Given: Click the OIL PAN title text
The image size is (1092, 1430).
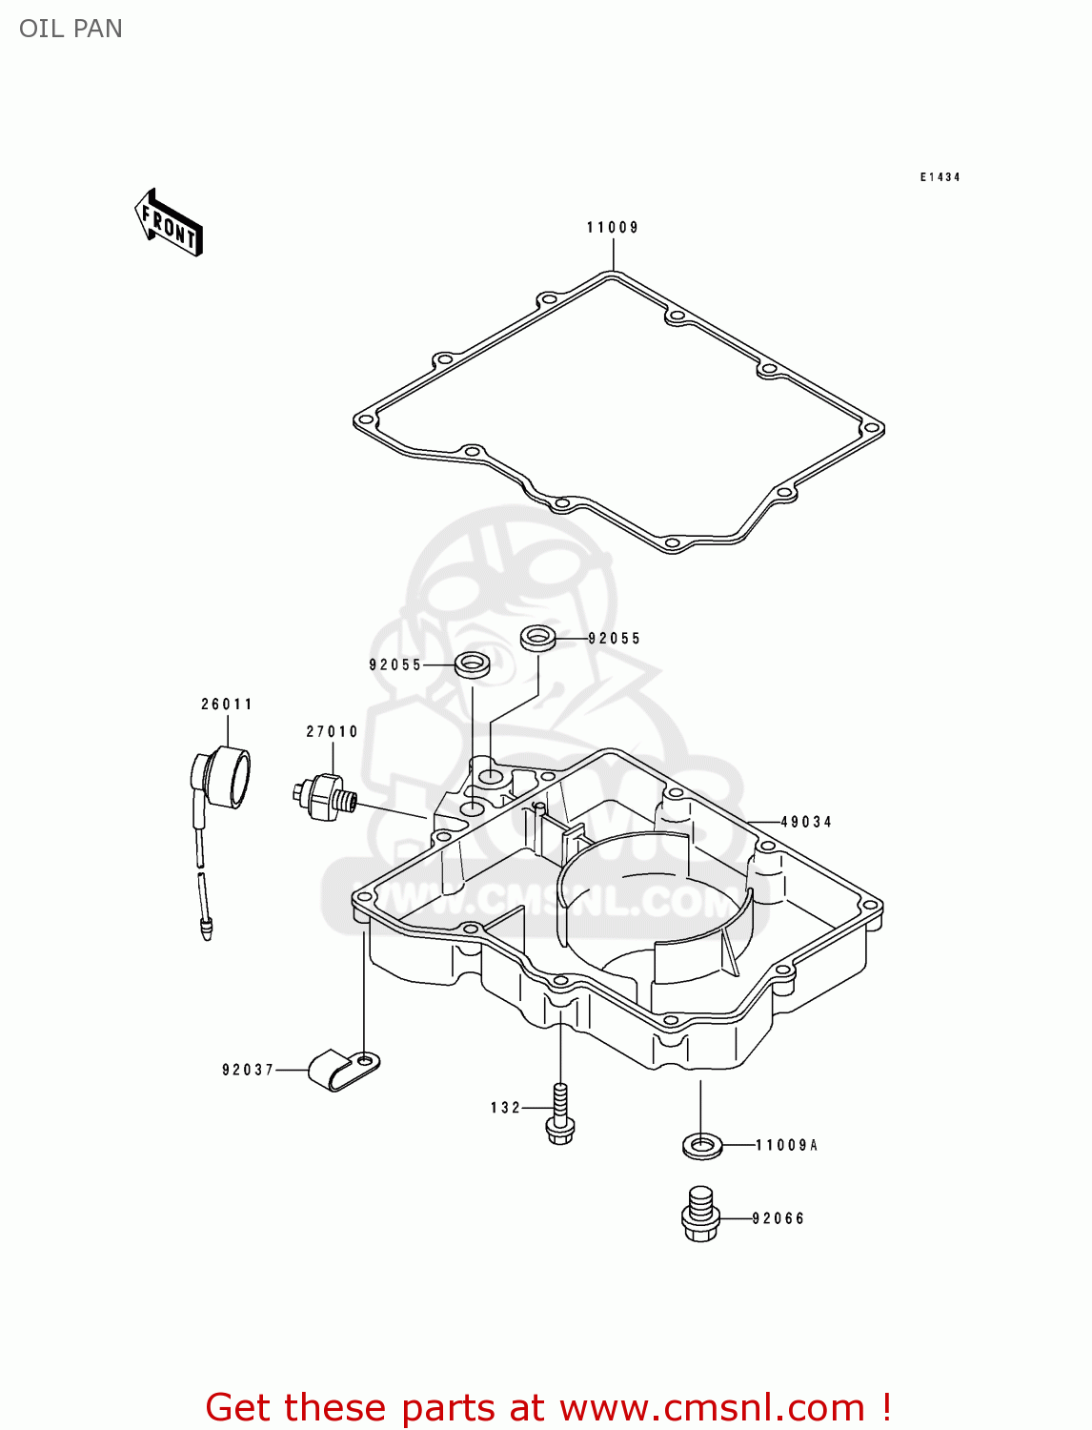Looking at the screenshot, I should point(71,29).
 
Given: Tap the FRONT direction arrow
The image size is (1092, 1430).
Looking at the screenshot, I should point(169,223).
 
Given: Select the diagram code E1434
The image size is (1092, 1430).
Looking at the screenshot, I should point(940,177).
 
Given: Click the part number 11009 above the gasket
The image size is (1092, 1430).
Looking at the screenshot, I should point(612,228).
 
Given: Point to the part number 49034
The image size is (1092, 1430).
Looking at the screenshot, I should point(806,822).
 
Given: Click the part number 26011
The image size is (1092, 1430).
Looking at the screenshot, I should point(227,705).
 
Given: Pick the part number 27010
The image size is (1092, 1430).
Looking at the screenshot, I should point(332,732).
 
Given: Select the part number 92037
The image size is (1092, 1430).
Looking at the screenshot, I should point(248,1070).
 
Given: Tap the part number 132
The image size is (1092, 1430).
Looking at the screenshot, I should point(506,1108).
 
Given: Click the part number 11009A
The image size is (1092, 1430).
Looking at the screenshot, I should point(787,1145).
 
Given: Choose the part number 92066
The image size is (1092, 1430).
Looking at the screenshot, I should point(779,1218).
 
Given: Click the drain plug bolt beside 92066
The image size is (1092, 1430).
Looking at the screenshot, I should point(700,1215).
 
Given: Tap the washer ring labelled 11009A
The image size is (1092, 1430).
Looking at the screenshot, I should point(702,1144).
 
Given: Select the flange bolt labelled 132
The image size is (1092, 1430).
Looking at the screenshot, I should point(560,1115).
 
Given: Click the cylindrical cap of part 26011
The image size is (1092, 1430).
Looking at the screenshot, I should point(229,777).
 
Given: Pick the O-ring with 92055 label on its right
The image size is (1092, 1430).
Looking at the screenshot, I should point(538,637).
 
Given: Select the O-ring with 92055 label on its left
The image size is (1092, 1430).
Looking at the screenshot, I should point(473,664).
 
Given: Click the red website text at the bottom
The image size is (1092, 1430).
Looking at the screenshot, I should point(548,1407).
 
